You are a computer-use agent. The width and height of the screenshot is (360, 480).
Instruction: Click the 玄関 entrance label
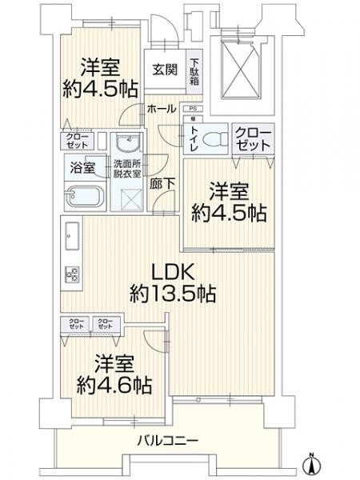[x=165, y=68]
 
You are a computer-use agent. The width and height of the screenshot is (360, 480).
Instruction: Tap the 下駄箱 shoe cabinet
[x=195, y=70]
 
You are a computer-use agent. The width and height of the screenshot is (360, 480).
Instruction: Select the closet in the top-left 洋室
[x=78, y=142]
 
